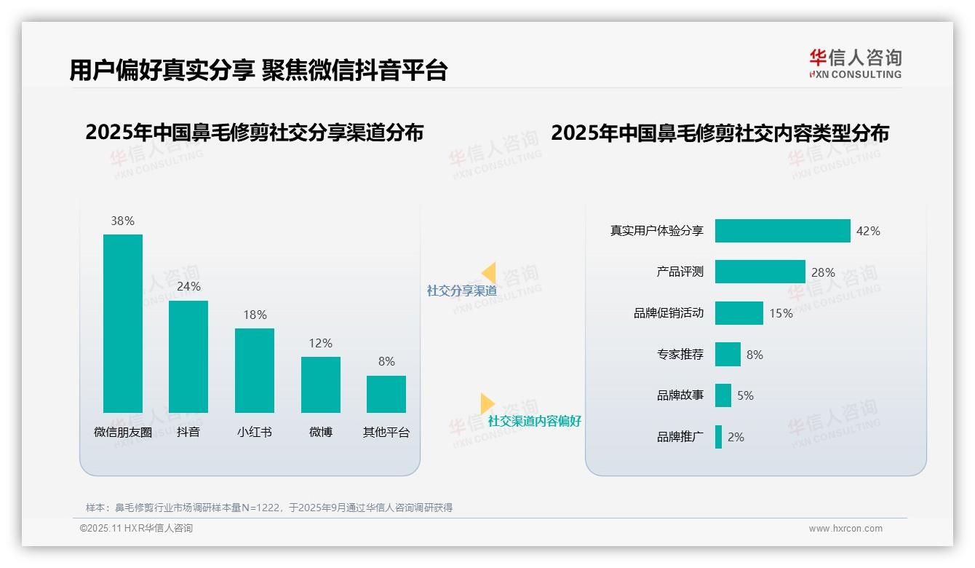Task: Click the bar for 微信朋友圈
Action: click(x=123, y=323)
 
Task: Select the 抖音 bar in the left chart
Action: click(x=188, y=357)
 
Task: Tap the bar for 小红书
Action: click(x=255, y=371)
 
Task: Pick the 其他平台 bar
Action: click(x=386, y=394)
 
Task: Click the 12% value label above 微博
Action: click(x=320, y=343)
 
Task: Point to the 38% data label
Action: click(x=123, y=221)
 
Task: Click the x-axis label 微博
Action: click(x=320, y=432)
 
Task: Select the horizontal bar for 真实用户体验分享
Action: click(x=782, y=231)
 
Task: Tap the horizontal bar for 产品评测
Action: click(x=760, y=272)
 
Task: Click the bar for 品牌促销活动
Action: click(x=739, y=313)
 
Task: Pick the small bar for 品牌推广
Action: click(x=718, y=437)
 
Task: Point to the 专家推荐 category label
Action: click(x=680, y=355)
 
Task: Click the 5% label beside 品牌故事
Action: click(x=745, y=395)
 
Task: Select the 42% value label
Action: click(x=868, y=231)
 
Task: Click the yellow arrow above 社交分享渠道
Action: click(x=489, y=273)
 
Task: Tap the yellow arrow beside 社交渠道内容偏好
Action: click(x=487, y=403)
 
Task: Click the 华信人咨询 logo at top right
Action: click(x=855, y=63)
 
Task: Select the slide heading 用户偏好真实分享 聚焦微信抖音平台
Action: click(x=258, y=70)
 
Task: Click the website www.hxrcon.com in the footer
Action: click(x=845, y=529)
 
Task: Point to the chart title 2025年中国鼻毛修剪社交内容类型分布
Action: click(x=720, y=133)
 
